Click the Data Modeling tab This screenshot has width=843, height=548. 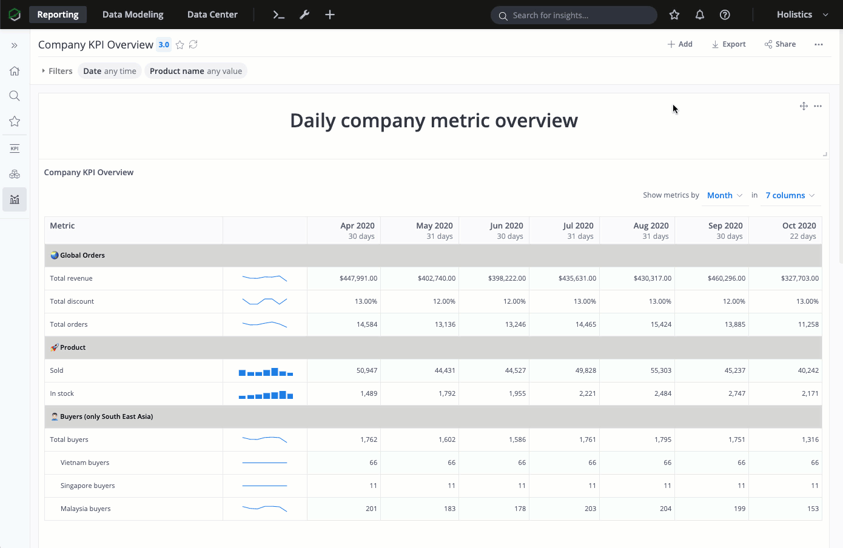point(133,15)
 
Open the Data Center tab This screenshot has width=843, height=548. point(212,15)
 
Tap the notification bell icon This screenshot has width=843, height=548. point(699,15)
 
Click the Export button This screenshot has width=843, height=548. point(728,44)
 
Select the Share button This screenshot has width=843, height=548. point(780,44)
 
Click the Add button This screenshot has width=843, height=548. point(680,44)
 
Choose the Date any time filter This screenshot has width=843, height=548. point(110,71)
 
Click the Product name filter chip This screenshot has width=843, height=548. point(196,71)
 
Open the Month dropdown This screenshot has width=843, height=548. point(725,195)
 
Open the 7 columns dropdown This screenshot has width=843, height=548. point(790,195)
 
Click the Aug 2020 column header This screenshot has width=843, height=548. point(650,230)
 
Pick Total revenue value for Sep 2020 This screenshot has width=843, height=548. point(726,278)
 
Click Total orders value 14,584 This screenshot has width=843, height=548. point(367,324)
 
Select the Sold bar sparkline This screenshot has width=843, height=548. point(266,371)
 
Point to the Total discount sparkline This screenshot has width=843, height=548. point(265,301)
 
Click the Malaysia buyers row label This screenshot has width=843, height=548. point(86,509)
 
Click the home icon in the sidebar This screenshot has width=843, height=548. point(15,71)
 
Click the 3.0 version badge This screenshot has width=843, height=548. point(164,45)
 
